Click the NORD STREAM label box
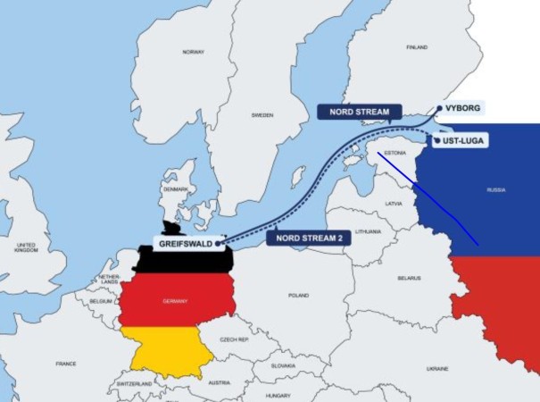353,112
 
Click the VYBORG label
463,107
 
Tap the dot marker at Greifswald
219,241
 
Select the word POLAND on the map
297,295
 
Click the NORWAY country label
194,52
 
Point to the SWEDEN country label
262,115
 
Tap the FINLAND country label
416,46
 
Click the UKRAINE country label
437,368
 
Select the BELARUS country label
409,278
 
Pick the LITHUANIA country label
368,231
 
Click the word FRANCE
65,364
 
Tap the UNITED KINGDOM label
26,247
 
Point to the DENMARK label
175,190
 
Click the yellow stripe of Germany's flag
170,348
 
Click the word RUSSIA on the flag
495,190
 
